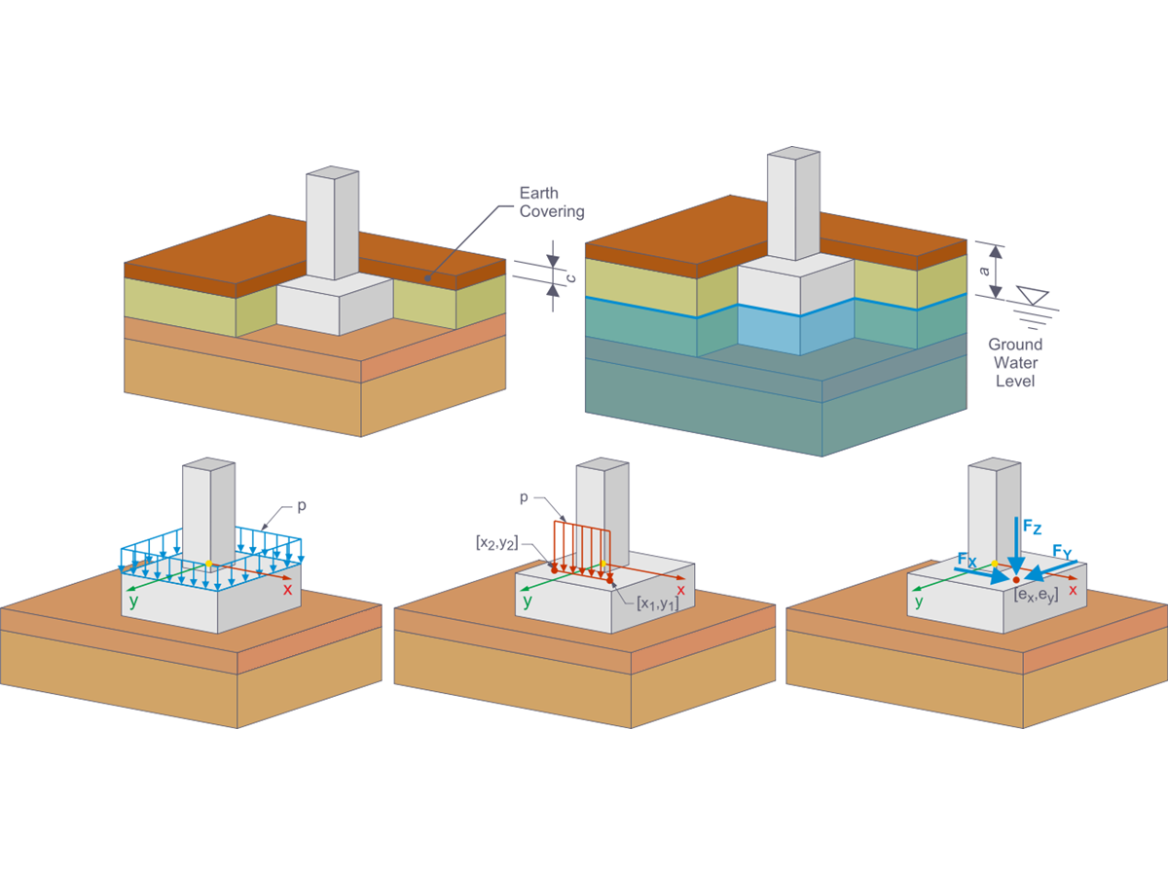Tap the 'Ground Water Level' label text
coord(1015,362)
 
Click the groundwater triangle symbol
coord(1030,294)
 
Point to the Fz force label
coord(1034,528)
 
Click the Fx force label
coord(967,561)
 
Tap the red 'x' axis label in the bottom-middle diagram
coord(680,590)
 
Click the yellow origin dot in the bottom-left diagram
coord(208,564)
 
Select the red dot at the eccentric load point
coord(1016,579)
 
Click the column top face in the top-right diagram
coord(792,154)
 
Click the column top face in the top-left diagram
coord(332,173)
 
